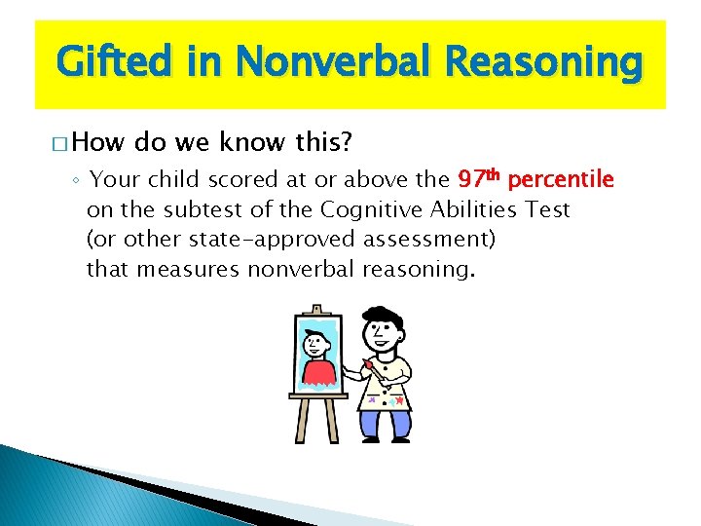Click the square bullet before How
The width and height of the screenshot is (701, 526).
[x=61, y=144]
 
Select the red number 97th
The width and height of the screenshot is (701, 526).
[x=479, y=179]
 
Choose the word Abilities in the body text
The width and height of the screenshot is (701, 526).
[x=472, y=209]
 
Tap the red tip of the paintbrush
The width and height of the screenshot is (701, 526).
[x=369, y=366]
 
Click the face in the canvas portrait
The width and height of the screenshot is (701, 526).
[x=315, y=345]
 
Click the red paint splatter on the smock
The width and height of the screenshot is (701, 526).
[x=399, y=400]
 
